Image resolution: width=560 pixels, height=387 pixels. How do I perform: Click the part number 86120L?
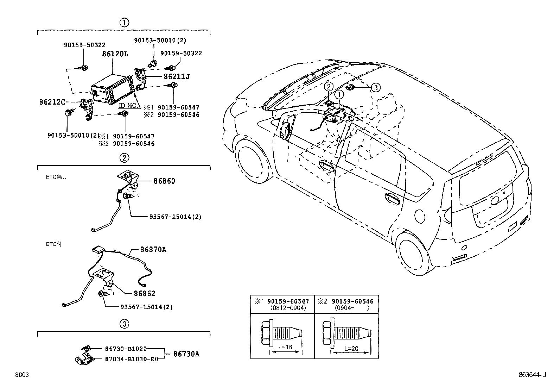(x=115, y=54)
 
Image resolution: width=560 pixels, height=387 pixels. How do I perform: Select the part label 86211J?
(x=177, y=76)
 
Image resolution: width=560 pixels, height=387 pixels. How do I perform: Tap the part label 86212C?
(x=52, y=102)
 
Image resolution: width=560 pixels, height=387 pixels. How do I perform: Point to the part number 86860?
(x=164, y=181)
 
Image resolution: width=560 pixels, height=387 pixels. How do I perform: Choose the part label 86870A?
(x=153, y=250)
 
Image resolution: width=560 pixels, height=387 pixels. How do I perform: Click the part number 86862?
(x=145, y=293)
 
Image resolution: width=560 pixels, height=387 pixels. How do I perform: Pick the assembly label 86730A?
(x=186, y=354)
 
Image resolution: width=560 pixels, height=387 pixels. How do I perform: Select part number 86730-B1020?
(x=126, y=349)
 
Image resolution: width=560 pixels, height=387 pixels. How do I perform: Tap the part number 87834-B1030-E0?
(x=132, y=359)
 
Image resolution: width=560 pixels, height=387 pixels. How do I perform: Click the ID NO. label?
(x=128, y=106)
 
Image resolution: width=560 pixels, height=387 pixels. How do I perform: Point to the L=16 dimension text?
(x=285, y=347)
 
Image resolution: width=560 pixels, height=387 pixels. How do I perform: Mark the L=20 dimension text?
(x=351, y=349)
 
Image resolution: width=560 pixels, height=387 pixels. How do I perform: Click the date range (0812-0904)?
(x=288, y=308)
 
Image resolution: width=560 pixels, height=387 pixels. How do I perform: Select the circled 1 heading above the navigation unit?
(x=124, y=23)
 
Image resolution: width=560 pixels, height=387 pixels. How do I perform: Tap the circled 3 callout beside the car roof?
(x=375, y=87)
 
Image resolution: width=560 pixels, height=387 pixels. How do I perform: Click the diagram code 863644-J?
(x=532, y=375)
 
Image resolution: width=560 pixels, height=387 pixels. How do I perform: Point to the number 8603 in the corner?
(x=22, y=375)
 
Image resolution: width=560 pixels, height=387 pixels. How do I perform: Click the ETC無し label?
(x=56, y=177)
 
